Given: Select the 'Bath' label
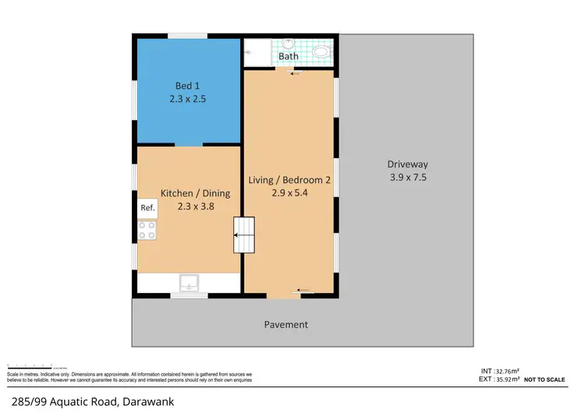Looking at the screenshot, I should point(289,56).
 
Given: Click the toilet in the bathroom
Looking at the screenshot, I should point(321,53).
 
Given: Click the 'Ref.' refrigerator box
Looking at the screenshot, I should point(147,208).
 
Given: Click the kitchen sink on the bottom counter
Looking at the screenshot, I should point(189,283).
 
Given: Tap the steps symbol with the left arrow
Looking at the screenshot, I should point(245,235).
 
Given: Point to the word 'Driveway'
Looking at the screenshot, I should point(407,164).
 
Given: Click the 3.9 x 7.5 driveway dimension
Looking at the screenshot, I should point(407,178).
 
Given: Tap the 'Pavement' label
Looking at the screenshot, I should point(285,325).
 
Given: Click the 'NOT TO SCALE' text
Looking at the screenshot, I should point(545,379).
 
